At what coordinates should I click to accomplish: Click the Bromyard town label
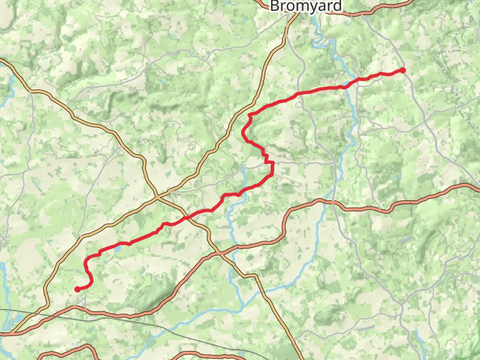306,6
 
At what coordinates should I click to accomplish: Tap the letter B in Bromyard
275,6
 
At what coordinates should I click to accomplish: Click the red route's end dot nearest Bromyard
403,70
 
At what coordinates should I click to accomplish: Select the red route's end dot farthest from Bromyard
77,289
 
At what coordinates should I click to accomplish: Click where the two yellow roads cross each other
157,195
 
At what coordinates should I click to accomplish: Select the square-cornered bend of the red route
272,163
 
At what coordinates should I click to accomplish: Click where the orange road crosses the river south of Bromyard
329,201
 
